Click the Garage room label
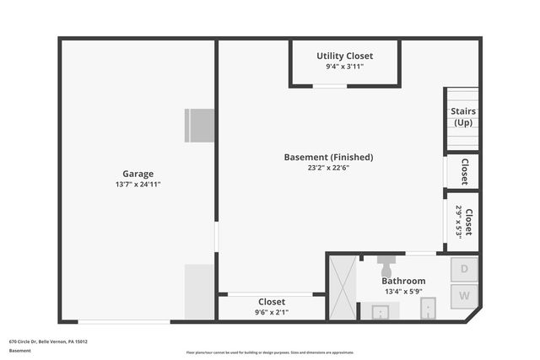coord(138,174)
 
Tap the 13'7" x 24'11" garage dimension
coord(138,184)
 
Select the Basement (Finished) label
coord(328,157)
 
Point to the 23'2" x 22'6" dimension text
coord(328,168)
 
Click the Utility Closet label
coord(344,56)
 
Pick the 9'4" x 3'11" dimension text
coord(344,67)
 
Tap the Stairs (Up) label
coord(462,116)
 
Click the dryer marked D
coord(463,270)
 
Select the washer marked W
coord(463,295)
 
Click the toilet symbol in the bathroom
coord(387,265)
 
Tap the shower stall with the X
coord(342,287)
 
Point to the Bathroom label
coord(403,281)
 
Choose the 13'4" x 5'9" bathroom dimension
coord(403,292)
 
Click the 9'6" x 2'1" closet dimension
coord(272,313)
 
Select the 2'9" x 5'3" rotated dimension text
coord(459,223)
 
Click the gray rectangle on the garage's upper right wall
coord(200,126)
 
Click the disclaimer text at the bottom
coord(270,352)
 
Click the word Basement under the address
coord(19,350)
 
